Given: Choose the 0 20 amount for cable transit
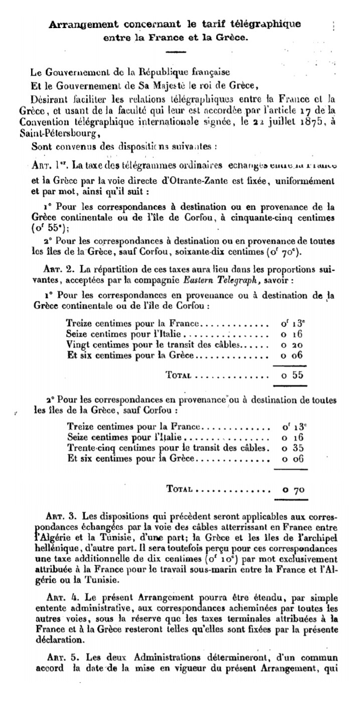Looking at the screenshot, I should (x=293, y=345).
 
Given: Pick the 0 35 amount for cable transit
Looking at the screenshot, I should (x=293, y=447).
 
